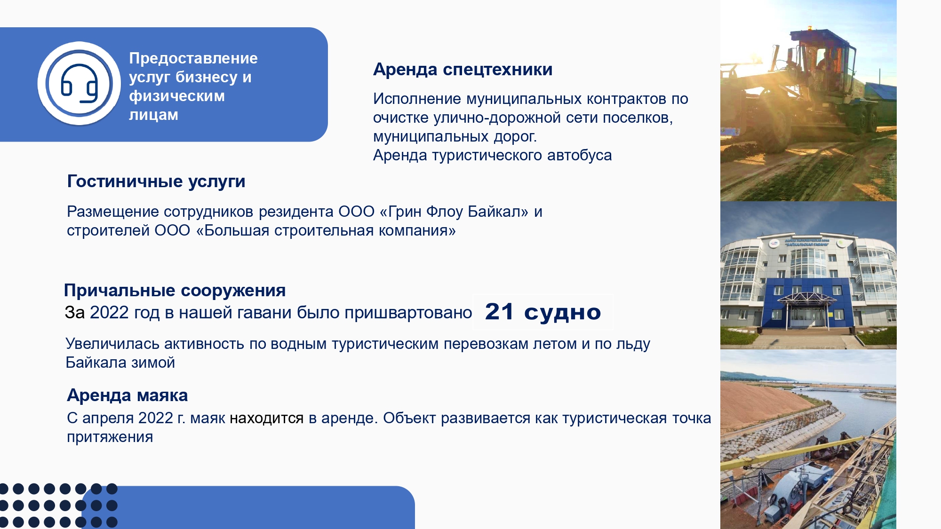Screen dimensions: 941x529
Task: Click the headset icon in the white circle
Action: [79, 84]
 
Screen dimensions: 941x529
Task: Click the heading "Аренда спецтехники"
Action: [463, 70]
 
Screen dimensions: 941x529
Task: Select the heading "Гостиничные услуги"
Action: [156, 182]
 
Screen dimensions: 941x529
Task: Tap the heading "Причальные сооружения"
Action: [175, 291]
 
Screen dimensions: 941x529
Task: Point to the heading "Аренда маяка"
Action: [127, 395]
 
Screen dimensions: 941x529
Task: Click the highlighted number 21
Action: [499, 311]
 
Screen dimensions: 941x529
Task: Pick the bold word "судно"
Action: [562, 313]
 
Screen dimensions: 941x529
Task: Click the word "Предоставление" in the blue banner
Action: [193, 58]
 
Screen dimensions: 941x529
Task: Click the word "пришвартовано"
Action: [408, 313]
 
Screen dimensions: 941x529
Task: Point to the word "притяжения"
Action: [110, 437]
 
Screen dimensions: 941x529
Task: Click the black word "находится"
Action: [267, 418]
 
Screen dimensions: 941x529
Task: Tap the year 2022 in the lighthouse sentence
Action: [156, 418]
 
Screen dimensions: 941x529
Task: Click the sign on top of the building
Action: [807, 242]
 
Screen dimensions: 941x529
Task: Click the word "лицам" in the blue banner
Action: [153, 115]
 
